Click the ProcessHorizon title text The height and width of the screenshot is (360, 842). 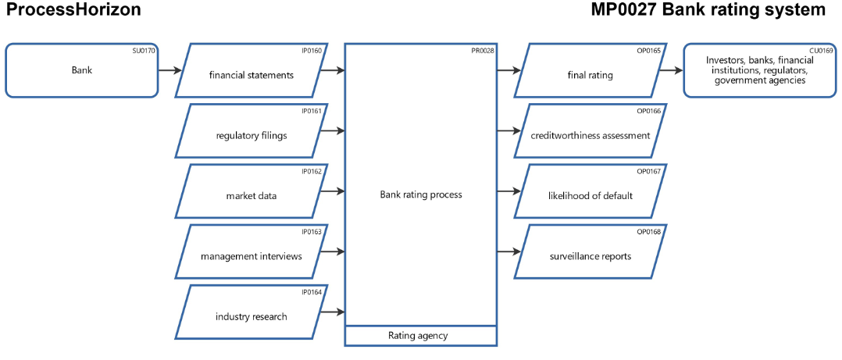pyautogui.click(x=73, y=10)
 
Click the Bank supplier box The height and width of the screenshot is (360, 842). pyautogui.click(x=81, y=70)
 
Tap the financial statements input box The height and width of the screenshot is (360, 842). pyautogui.click(x=250, y=75)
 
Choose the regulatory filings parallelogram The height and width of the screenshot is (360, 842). pyautogui.click(x=250, y=135)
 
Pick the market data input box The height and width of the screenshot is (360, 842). pyautogui.click(x=250, y=195)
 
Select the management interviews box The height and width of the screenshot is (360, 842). pyautogui.click(x=250, y=255)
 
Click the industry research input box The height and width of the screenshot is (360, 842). pyautogui.click(x=250, y=316)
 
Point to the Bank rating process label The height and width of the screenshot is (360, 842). pyautogui.click(x=421, y=194)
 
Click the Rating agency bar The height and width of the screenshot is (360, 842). pyautogui.click(x=421, y=336)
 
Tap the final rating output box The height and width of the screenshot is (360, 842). pyautogui.click(x=590, y=75)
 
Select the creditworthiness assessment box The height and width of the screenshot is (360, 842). pyautogui.click(x=590, y=135)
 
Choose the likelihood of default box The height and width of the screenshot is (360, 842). pyautogui.click(x=590, y=195)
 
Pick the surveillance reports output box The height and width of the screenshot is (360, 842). pyautogui.click(x=590, y=255)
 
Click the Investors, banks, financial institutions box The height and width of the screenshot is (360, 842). pyautogui.click(x=759, y=70)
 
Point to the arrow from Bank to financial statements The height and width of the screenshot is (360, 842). pyautogui.click(x=170, y=70)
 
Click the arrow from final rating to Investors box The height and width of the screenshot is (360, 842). pyautogui.click(x=670, y=70)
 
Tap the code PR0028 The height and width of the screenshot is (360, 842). pyautogui.click(x=483, y=51)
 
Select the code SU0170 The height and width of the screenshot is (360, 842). pyautogui.click(x=144, y=51)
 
